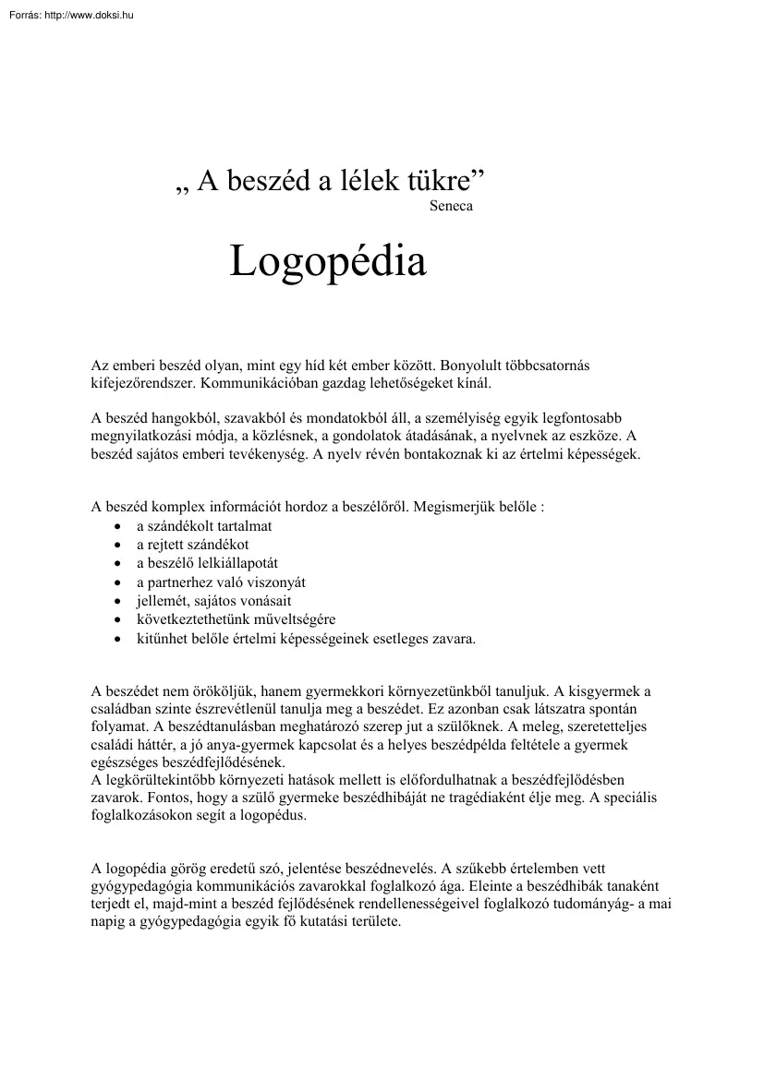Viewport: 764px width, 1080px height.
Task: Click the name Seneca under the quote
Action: pyautogui.click(x=451, y=206)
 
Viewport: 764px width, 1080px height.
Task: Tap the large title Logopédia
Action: pyautogui.click(x=328, y=261)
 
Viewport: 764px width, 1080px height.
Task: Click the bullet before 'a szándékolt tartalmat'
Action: pyautogui.click(x=116, y=526)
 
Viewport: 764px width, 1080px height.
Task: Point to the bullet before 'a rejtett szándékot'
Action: pyautogui.click(x=116, y=545)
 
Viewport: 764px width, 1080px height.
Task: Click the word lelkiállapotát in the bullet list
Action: pyautogui.click(x=235, y=563)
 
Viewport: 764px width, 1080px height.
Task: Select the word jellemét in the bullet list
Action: pyautogui.click(x=159, y=601)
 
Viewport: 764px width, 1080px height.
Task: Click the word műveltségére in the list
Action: pyautogui.click(x=295, y=619)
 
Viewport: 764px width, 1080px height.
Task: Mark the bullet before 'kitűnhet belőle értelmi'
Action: pyautogui.click(x=116, y=638)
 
